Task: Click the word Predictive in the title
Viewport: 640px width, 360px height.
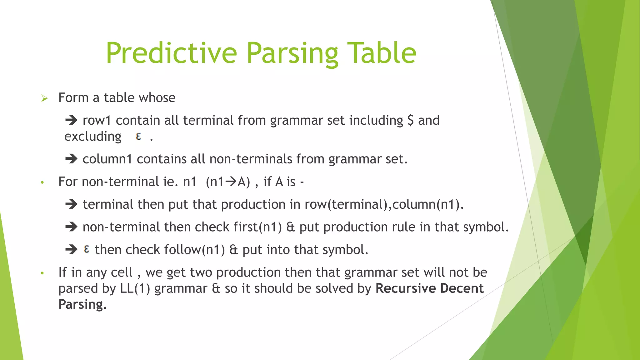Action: (171, 53)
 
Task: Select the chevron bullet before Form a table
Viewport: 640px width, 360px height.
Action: (44, 99)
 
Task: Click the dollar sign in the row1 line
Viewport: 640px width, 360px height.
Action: (411, 120)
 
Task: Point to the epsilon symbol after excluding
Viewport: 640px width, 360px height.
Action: (139, 136)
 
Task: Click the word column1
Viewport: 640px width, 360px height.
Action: (107, 159)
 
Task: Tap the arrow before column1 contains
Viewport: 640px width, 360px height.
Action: (71, 159)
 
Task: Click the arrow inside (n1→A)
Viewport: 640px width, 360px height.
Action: (231, 182)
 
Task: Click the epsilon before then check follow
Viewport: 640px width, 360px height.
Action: (87, 249)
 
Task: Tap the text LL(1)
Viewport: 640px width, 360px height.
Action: (135, 288)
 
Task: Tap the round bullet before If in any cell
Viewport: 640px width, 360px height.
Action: (42, 273)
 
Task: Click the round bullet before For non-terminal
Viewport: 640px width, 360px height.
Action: (42, 182)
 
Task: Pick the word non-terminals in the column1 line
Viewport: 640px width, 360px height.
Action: (251, 159)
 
